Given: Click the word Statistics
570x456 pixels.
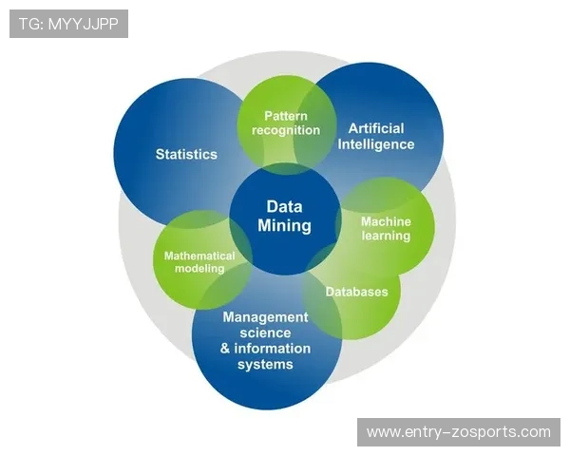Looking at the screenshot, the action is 186,154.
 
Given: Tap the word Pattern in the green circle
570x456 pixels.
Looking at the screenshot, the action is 286,116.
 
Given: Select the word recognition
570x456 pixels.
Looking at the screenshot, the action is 286,130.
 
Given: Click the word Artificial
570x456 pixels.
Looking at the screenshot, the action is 376,128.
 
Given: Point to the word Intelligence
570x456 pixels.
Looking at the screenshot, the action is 376,144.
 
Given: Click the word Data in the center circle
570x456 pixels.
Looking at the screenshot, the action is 284,206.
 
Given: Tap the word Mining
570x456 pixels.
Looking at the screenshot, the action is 284,225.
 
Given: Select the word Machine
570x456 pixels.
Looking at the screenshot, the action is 386,221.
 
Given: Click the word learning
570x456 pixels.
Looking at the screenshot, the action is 386,236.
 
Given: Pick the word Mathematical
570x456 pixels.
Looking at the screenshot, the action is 199,256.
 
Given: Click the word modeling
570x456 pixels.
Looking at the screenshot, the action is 199,269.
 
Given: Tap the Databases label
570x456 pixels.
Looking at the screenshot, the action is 357,292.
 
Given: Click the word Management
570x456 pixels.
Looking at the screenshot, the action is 265,317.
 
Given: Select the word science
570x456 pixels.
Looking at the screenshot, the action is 265,333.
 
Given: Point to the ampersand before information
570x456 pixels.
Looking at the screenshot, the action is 225,349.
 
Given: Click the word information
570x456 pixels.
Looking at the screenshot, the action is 273,349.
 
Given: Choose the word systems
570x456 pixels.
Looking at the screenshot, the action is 265,365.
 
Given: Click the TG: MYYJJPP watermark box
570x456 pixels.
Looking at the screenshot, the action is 68,24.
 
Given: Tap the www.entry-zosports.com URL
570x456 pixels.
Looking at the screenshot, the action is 459,432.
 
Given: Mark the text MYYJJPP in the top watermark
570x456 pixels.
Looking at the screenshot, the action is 84,24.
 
